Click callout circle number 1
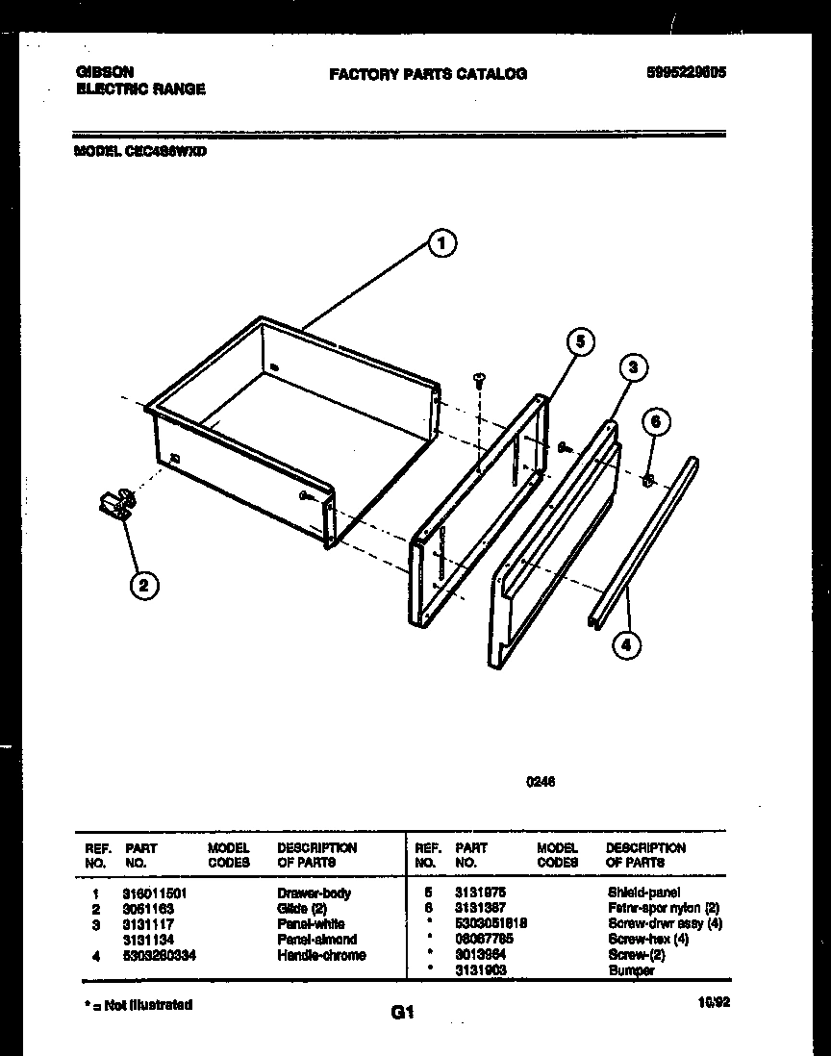coord(441,244)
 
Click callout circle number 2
coord(143,585)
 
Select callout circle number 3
coord(632,366)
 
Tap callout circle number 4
coord(626,644)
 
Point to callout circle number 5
coord(579,341)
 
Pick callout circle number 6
coord(656,421)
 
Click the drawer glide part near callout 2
coord(115,505)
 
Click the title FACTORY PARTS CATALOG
coord(428,73)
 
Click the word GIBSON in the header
coord(104,72)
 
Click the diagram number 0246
coord(540,782)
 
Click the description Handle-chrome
coord(321,955)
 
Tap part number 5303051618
coord(491,924)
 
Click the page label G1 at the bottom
coord(402,1012)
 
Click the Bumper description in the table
coord(631,970)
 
